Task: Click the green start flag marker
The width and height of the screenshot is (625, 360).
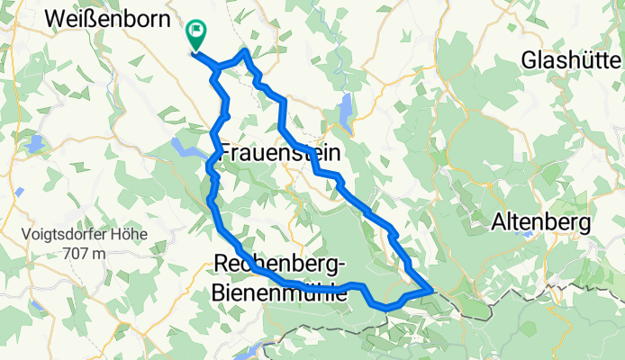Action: (x=195, y=34)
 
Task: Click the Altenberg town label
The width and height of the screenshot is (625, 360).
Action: (x=540, y=221)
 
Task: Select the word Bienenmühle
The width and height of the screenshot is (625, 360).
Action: (x=279, y=292)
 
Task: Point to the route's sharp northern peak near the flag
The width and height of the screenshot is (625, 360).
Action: (x=244, y=51)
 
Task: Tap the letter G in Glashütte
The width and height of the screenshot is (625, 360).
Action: (x=530, y=60)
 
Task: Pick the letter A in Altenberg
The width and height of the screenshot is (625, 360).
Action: (x=498, y=221)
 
